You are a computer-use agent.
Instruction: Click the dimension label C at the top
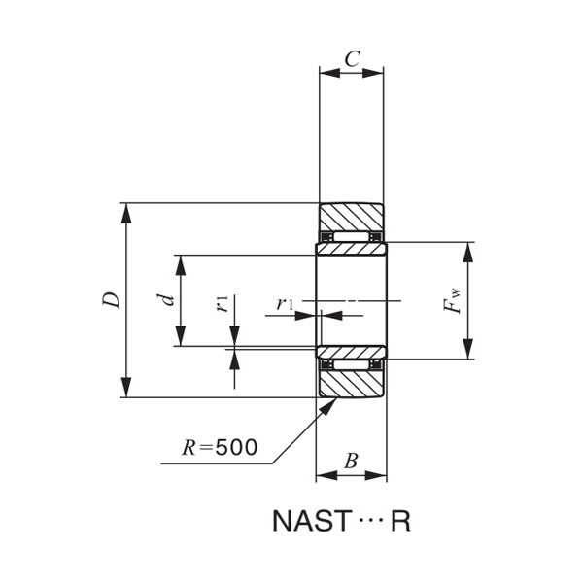coord(352,58)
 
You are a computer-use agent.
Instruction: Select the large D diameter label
coord(113,300)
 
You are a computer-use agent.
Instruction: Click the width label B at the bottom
coord(351,462)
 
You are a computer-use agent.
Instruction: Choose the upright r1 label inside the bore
coord(284,304)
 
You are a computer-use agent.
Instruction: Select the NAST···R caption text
coord(340,521)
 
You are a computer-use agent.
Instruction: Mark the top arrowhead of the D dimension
coord(124,211)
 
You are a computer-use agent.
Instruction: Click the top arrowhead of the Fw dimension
coord(468,250)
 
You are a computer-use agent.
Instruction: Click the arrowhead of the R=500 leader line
coord(329,403)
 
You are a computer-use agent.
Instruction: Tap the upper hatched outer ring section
coord(352,217)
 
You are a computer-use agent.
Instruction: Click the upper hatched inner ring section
coord(352,249)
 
